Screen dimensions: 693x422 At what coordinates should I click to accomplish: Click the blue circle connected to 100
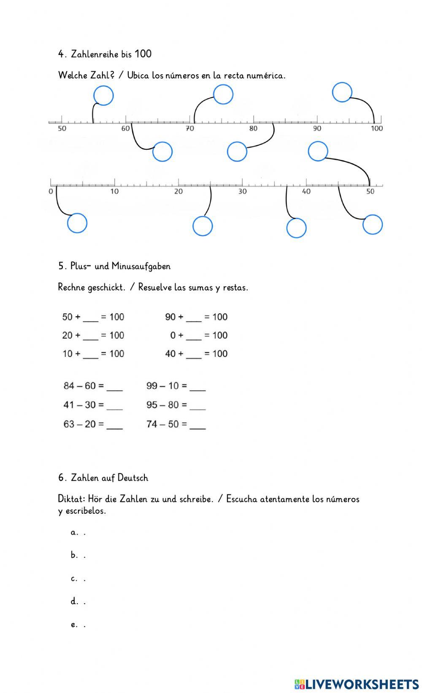tap(342, 92)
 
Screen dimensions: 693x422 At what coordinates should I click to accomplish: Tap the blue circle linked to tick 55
tap(103, 95)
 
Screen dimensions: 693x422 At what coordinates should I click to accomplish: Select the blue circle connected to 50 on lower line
tap(318, 151)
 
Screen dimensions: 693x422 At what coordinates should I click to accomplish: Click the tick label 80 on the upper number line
tap(253, 129)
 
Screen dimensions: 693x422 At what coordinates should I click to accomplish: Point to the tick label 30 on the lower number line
tap(242, 191)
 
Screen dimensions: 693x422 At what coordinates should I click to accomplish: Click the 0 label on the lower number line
tap(51, 191)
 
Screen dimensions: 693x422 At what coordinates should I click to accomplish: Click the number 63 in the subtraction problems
tap(69, 424)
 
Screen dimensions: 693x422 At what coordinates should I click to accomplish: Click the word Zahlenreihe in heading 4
tap(95, 54)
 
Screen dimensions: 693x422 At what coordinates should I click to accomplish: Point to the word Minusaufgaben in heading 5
tap(141, 266)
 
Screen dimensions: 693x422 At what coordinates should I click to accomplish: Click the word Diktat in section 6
tap(71, 499)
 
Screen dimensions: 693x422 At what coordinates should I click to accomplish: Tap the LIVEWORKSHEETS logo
tap(357, 684)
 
